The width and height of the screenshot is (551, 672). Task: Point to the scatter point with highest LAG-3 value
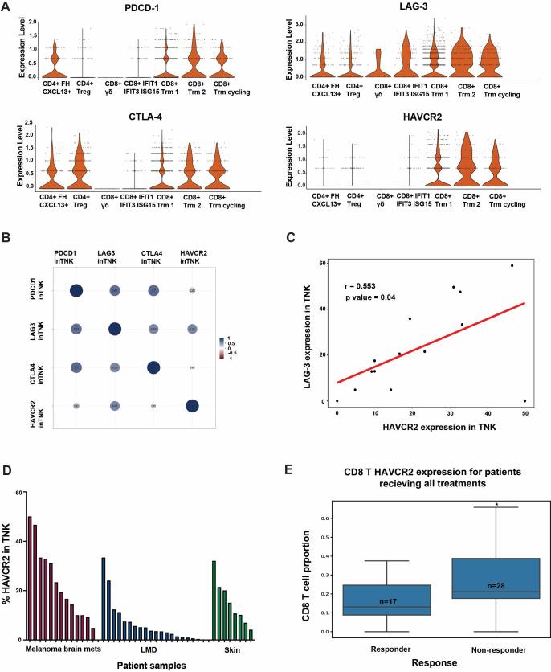(512, 265)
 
